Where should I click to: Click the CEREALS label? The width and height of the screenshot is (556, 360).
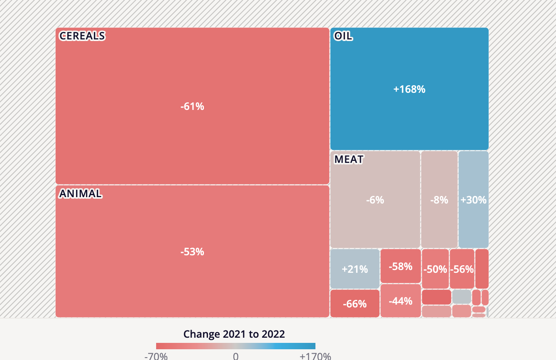(x=82, y=36)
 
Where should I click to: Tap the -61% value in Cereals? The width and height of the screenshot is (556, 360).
(x=192, y=106)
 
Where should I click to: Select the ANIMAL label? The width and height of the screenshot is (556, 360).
(x=80, y=194)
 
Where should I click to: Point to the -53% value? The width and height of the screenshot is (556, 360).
(x=192, y=252)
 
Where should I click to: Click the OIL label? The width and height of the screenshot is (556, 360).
(x=343, y=36)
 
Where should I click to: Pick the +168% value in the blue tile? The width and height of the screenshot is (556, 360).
(x=409, y=89)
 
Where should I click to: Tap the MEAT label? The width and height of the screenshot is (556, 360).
(x=348, y=159)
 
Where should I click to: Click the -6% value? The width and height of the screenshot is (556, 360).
(x=375, y=200)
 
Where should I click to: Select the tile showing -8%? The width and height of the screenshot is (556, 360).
(x=439, y=200)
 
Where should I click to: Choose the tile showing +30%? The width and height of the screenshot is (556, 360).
(x=473, y=200)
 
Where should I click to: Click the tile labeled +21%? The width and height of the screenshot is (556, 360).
(x=354, y=269)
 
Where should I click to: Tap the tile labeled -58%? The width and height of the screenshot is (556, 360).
(x=400, y=266)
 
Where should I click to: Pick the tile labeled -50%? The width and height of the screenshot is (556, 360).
(x=435, y=269)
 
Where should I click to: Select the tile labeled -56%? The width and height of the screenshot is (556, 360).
(x=462, y=269)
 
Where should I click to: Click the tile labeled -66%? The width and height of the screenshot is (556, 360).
(x=354, y=304)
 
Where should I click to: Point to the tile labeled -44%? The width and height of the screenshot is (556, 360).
(x=400, y=301)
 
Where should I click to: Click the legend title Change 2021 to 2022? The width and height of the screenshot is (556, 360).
(x=234, y=334)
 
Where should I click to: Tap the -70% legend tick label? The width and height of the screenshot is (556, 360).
(x=156, y=356)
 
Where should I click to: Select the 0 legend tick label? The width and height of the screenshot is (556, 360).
(x=236, y=356)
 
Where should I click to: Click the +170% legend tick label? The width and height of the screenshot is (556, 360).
(x=315, y=356)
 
